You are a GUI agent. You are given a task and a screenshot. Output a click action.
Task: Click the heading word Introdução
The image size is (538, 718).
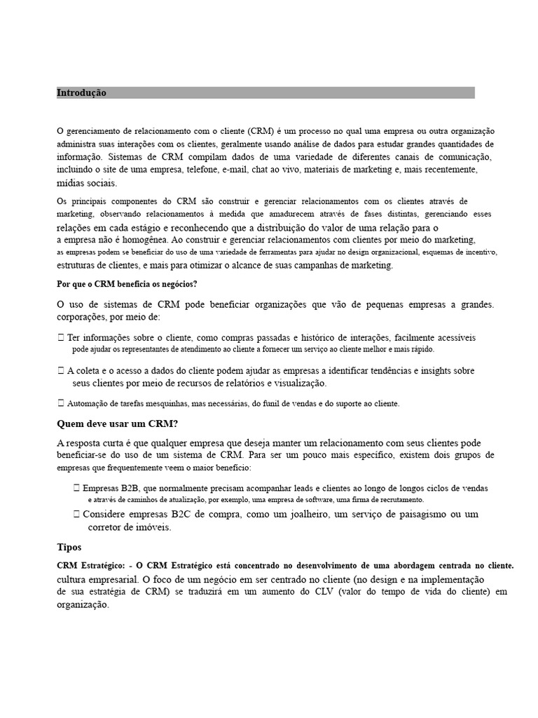[x=81, y=93]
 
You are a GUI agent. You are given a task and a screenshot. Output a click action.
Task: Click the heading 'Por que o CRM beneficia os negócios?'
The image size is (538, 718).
[x=127, y=285]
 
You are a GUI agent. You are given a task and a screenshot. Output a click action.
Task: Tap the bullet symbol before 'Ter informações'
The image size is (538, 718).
[x=61, y=337]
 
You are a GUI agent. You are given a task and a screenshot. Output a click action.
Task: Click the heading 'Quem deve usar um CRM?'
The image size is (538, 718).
[x=116, y=424]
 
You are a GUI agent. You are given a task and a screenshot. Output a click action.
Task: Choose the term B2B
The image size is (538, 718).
[x=128, y=488]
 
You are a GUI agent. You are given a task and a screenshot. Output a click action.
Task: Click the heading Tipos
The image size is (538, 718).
[x=69, y=546]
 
